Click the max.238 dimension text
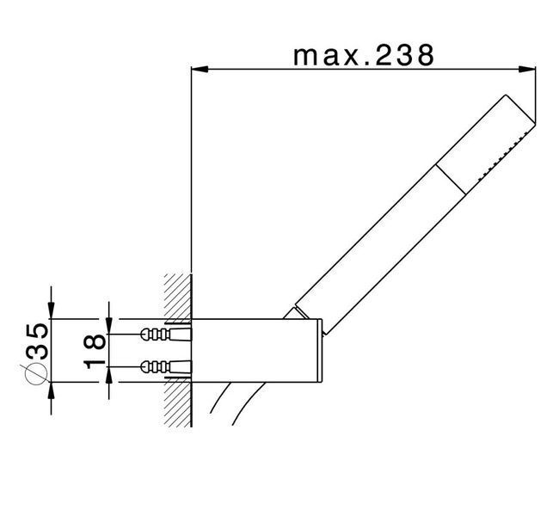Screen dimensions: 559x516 click(364, 56)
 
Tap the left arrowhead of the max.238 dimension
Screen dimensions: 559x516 click(200, 70)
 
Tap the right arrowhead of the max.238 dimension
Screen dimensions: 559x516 click(527, 70)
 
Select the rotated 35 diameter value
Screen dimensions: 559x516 click(38, 341)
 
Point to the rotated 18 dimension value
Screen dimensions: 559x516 click(95, 351)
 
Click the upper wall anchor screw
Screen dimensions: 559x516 click(167, 335)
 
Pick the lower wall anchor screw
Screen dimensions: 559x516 click(167, 366)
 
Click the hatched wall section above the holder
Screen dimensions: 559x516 click(178, 296)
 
